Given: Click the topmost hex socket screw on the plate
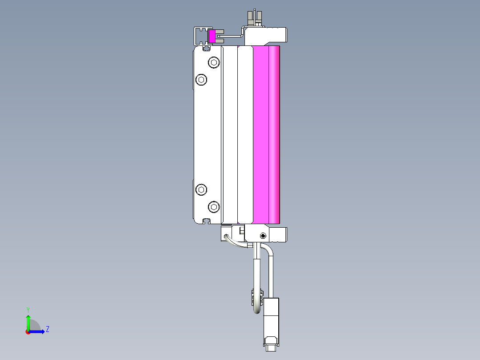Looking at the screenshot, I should (214, 62).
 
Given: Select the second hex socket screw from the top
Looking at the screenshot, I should (202, 80).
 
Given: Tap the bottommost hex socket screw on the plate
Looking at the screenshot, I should (214, 207).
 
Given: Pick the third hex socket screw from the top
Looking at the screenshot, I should (202, 190).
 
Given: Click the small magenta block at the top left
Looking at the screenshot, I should (212, 37).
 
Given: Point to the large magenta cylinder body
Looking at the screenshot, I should (266, 134).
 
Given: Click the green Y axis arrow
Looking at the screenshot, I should (28, 321).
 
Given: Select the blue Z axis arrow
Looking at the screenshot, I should (38, 331).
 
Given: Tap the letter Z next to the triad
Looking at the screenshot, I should (48, 330).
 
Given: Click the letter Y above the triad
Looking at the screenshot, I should (28, 309).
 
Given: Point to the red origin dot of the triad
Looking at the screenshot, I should (28, 331).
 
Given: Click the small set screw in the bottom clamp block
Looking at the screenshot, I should (263, 235).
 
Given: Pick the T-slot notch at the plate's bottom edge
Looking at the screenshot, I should (206, 221).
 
